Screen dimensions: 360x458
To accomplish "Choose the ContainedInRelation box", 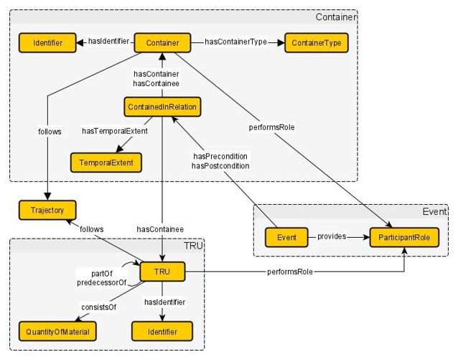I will [162, 108].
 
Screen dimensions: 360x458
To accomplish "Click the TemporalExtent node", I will [106, 163].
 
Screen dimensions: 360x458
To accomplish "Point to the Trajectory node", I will [47, 211].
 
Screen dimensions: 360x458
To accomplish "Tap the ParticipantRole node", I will [403, 236].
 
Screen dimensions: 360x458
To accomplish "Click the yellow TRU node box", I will [163, 272].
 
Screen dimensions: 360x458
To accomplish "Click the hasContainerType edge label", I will [236, 42].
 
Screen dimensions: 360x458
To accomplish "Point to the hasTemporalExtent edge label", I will [116, 131].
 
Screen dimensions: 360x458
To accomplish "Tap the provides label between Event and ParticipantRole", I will [331, 236].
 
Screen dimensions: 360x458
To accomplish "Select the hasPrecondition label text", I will [220, 156].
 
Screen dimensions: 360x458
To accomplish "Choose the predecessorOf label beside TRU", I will [102, 283].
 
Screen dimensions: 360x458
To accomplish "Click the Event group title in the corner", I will [435, 213].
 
